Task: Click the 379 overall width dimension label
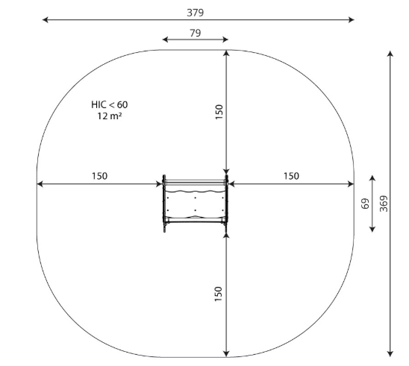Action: click(195, 13)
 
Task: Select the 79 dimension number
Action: click(195, 33)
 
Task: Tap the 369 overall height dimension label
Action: click(384, 203)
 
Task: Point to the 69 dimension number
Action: click(366, 203)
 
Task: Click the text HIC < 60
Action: click(110, 104)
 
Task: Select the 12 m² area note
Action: click(110, 116)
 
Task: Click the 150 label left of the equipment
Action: click(99, 176)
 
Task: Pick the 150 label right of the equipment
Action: click(291, 176)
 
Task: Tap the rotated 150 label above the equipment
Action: click(219, 112)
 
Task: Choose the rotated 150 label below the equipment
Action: click(219, 294)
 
